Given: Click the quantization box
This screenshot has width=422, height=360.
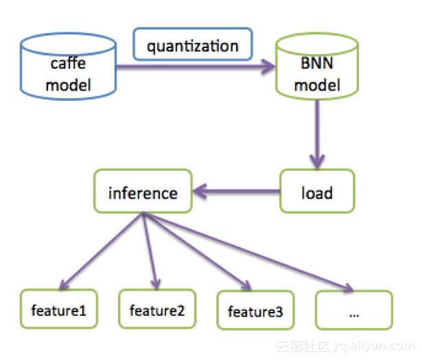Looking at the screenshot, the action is (193, 44).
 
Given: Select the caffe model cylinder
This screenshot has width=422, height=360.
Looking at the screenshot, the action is (69, 67).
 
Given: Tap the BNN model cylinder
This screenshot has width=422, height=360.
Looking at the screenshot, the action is (317, 67).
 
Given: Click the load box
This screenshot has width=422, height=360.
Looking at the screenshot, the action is (317, 191).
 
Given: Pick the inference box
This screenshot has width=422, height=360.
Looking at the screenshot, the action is (143, 191).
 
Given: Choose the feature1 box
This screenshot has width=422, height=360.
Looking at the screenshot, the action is (59, 309).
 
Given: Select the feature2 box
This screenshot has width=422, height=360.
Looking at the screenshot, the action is (157, 309).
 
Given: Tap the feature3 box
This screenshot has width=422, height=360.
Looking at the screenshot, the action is (255, 310).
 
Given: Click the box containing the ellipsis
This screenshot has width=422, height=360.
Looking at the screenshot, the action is (354, 310).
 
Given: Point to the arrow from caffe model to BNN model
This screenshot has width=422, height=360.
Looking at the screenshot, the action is (196, 67).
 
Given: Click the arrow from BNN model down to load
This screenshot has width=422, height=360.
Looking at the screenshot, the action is (317, 134).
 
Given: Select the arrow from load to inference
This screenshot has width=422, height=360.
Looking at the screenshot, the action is (237, 191).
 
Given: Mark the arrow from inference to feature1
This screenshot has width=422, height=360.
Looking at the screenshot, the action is (102, 251).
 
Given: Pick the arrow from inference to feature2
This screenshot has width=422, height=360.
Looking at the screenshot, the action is (150, 251).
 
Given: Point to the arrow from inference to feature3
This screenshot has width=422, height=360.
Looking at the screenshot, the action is (197, 251).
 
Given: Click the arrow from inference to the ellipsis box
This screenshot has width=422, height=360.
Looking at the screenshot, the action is (248, 252).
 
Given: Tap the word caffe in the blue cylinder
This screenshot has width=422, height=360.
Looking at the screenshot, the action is (69, 63).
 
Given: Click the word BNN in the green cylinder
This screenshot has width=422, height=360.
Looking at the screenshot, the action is (317, 63).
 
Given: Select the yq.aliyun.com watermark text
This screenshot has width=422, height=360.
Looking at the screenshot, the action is (373, 346).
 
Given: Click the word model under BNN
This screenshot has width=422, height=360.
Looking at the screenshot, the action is (317, 85).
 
